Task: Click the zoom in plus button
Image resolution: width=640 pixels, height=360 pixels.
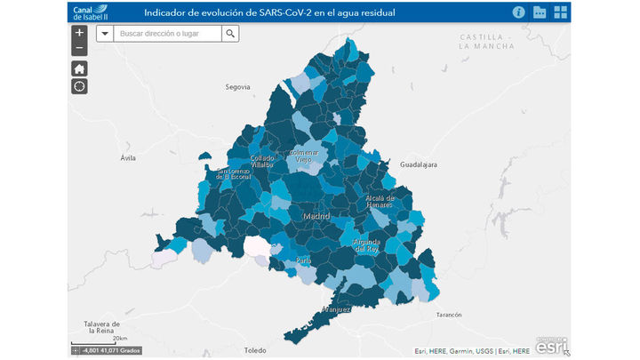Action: pyautogui.click(x=79, y=33)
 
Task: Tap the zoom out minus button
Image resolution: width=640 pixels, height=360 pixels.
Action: pyautogui.click(x=79, y=47)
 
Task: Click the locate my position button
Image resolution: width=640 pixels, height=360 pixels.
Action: pyautogui.click(x=79, y=86)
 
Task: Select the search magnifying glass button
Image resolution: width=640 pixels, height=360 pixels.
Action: pyautogui.click(x=230, y=34)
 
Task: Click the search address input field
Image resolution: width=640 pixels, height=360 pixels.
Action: pyautogui.click(x=169, y=34)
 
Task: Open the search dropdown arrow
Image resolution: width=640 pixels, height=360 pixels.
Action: pyautogui.click(x=104, y=34)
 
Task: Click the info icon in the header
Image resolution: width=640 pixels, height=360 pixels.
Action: pyautogui.click(x=518, y=12)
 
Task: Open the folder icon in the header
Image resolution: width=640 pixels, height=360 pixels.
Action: pyautogui.click(x=540, y=12)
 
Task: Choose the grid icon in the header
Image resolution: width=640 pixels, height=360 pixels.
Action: pyautogui.click(x=561, y=12)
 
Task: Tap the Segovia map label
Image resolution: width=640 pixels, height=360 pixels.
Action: pyautogui.click(x=238, y=87)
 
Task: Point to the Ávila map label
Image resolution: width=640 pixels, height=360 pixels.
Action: pyautogui.click(x=129, y=157)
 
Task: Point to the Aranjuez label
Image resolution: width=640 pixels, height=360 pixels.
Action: pyautogui.click(x=336, y=308)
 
